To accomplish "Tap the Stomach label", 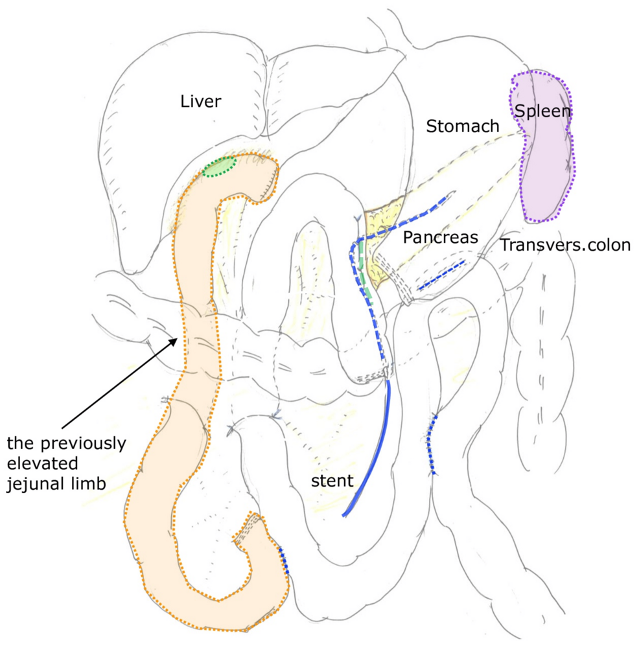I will point(463,126).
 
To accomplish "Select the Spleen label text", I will point(543,111).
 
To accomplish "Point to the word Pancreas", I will point(440,238).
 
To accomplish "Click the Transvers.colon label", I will point(564,246).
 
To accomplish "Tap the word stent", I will point(332,481).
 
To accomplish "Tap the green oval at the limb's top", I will point(218,167).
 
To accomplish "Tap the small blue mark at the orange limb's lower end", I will point(285,561).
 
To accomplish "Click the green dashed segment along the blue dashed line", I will point(366,284).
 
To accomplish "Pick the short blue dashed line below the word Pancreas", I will point(441,277).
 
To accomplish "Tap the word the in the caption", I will point(19,444).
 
